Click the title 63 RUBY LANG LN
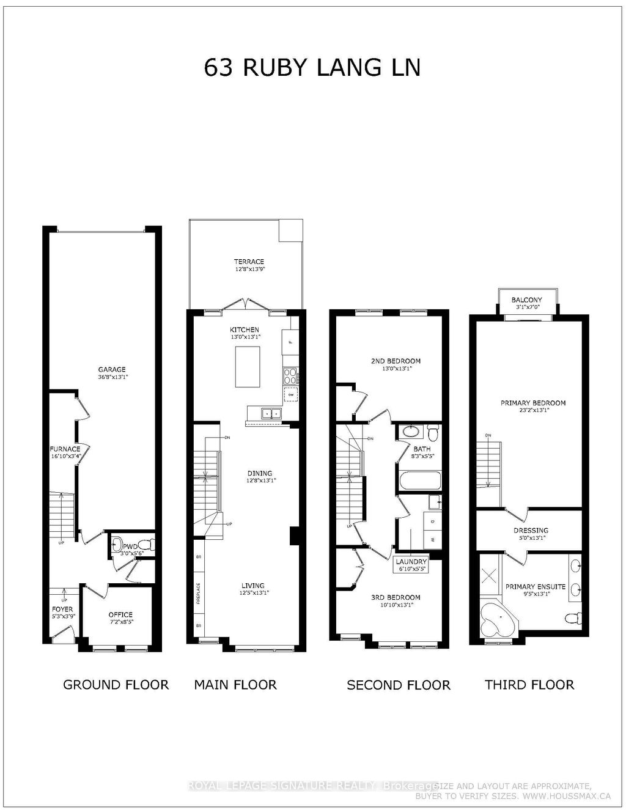312,68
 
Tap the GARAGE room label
112,369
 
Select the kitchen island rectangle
247,367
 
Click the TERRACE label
249,262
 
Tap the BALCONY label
526,300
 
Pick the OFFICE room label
120,614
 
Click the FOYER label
62,609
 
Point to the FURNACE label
65,449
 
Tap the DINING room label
260,473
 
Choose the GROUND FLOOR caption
116,684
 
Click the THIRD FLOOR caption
529,685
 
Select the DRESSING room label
531,531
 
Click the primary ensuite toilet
572,618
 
